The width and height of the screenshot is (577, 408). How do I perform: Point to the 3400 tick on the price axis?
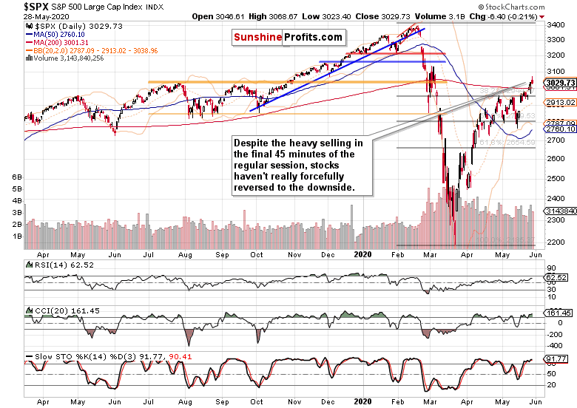coord(555,24)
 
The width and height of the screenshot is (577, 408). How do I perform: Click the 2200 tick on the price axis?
coord(555,242)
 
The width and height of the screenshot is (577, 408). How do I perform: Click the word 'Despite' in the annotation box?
coord(251,143)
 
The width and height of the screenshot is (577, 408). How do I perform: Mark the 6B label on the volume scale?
coord(16,178)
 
